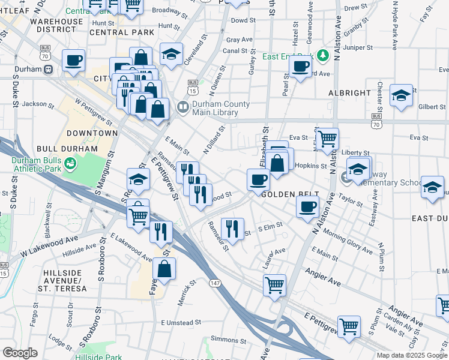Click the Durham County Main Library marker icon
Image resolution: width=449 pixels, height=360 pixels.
[x=183, y=108]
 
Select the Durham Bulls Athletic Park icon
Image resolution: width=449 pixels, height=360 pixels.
[x=70, y=163]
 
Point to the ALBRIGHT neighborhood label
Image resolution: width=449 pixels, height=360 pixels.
[x=349, y=93]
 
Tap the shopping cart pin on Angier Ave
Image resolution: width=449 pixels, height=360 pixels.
[x=274, y=284]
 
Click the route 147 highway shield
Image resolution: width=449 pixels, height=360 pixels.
[x=214, y=282]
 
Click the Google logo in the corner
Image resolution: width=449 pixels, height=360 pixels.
[x=20, y=353]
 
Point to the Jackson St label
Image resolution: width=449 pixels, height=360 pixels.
[x=38, y=104]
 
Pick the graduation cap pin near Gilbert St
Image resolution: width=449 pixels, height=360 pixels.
[x=401, y=95]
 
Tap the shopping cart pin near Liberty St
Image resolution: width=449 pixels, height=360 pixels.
[x=327, y=139]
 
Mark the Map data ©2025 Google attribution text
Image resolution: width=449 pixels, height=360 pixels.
[x=411, y=355]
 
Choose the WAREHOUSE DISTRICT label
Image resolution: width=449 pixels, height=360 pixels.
[x=56, y=26]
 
